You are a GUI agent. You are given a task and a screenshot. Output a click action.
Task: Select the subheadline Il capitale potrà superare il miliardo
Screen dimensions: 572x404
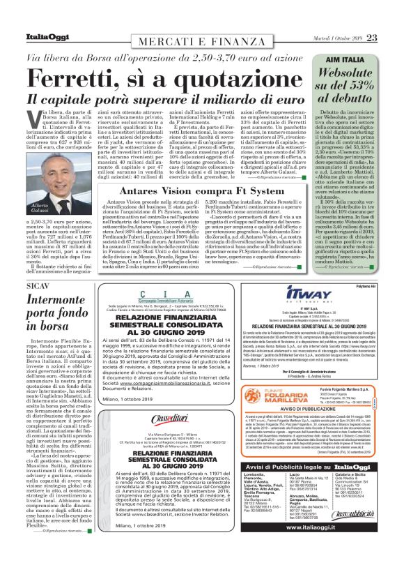pos(160,100)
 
